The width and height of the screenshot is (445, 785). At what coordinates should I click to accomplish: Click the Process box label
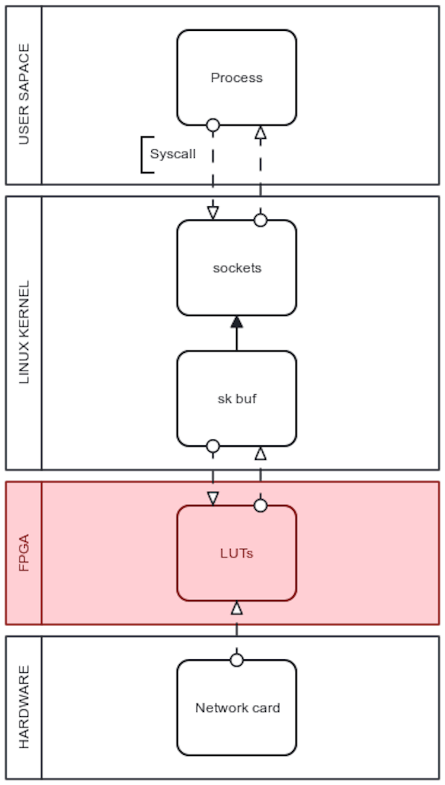click(236, 78)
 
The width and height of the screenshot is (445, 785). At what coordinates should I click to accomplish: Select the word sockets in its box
click(237, 268)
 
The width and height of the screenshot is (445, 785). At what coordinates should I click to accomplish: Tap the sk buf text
click(237, 399)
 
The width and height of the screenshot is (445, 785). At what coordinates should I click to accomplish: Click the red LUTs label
click(237, 553)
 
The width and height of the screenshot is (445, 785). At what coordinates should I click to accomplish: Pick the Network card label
click(237, 708)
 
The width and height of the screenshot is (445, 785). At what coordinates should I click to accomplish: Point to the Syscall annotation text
click(173, 154)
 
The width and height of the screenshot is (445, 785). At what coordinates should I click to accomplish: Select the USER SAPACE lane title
click(24, 95)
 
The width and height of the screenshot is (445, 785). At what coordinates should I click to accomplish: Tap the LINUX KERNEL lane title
click(24, 332)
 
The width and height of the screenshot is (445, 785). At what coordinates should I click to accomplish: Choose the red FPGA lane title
click(24, 553)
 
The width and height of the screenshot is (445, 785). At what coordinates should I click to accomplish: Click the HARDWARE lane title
click(24, 707)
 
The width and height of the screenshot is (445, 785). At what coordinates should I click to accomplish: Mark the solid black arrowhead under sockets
click(237, 323)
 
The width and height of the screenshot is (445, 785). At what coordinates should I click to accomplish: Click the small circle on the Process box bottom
click(213, 125)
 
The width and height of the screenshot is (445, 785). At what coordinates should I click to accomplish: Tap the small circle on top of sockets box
click(260, 221)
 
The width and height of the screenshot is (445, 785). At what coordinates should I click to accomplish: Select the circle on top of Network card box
click(237, 660)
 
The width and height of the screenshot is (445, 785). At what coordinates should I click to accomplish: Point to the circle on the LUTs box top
click(260, 506)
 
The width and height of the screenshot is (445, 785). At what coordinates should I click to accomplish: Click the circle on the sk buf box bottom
click(213, 446)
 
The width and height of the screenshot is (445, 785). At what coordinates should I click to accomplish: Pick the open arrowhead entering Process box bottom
click(260, 133)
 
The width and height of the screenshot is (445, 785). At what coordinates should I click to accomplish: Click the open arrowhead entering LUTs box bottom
click(237, 608)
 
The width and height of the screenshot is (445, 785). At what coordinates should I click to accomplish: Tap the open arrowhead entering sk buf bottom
click(260, 454)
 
